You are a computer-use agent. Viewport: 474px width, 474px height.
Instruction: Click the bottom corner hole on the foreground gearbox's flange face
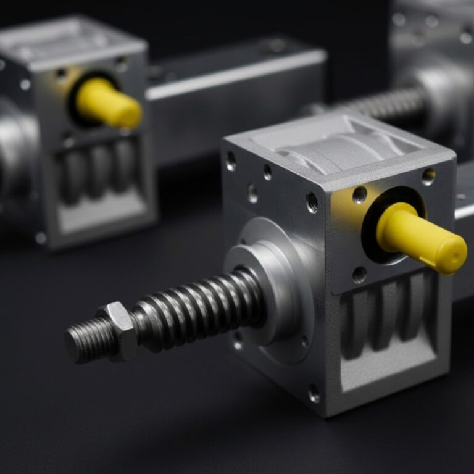(314, 393)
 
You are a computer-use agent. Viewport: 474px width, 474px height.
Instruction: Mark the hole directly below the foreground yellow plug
(359, 275)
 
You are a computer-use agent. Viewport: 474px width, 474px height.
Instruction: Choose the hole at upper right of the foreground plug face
(428, 177)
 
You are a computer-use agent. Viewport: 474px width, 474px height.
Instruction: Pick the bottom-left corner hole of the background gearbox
(40, 237)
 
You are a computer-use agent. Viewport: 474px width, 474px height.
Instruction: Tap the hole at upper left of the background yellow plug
(61, 75)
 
